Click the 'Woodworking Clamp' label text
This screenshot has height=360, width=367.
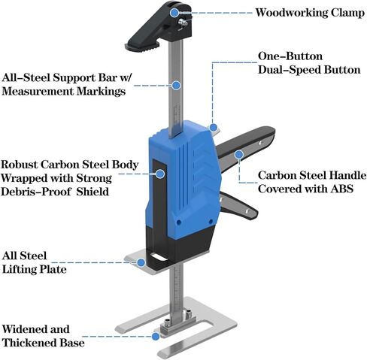point(310,13)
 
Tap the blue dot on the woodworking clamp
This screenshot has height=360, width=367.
point(174,12)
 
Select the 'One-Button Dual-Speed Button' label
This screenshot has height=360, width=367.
point(309,63)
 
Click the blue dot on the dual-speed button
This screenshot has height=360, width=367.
point(214,128)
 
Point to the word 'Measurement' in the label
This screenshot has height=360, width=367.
point(38,91)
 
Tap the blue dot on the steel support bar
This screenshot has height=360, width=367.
point(177,86)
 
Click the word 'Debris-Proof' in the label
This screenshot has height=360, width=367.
point(36,192)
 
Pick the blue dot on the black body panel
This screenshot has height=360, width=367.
point(160,174)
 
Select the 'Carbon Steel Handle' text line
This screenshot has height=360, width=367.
point(312,175)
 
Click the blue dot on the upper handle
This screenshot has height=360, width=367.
point(239,154)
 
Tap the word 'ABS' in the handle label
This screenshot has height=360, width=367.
point(341,189)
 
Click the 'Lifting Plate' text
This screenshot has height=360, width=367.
point(35,270)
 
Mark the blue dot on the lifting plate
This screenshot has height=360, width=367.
point(141,262)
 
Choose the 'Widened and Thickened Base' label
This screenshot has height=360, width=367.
point(43,336)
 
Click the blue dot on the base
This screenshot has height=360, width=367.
point(156,336)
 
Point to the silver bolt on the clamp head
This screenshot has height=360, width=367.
point(183,23)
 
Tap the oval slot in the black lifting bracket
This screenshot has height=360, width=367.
point(158,257)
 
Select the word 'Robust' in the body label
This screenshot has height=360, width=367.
point(20,165)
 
